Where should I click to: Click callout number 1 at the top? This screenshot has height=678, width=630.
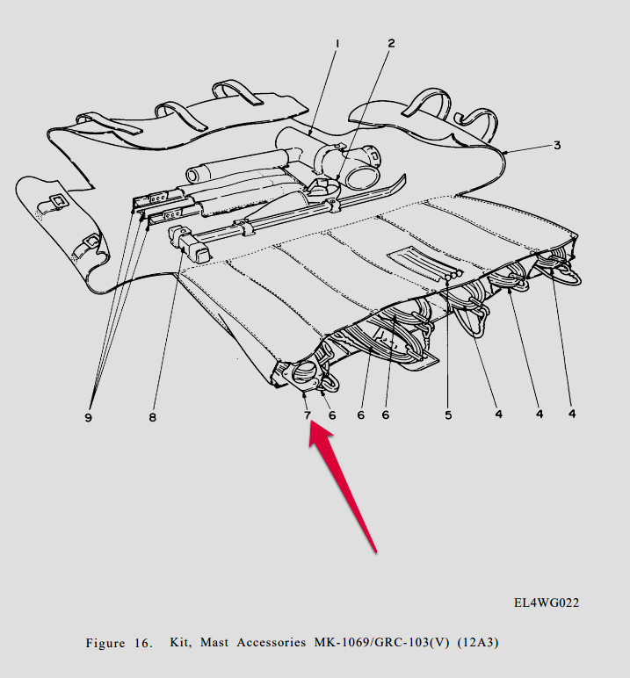click(337, 43)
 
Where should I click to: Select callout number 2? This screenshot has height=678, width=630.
click(391, 43)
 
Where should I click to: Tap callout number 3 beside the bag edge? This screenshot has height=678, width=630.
click(556, 146)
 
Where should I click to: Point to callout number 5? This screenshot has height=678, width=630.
click(448, 415)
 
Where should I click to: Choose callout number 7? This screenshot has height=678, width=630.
click(308, 415)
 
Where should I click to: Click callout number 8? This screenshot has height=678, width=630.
click(152, 418)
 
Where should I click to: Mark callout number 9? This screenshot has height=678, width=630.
click(88, 418)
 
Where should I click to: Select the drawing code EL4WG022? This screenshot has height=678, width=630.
click(547, 603)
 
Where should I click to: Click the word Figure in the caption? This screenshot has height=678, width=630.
click(105, 644)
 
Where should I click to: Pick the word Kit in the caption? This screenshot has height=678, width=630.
click(179, 644)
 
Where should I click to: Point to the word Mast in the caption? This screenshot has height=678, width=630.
click(216, 644)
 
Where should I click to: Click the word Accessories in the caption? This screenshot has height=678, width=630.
click(273, 644)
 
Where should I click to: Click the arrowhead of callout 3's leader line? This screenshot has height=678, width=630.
click(507, 153)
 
